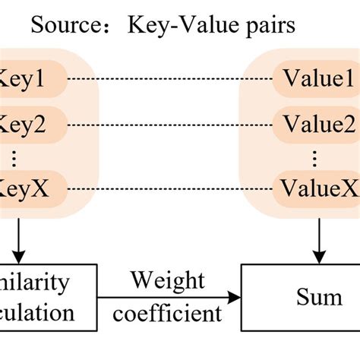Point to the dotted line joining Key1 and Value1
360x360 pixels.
point(171,78)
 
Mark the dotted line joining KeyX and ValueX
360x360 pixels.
point(171,187)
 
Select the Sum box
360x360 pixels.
point(300,297)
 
